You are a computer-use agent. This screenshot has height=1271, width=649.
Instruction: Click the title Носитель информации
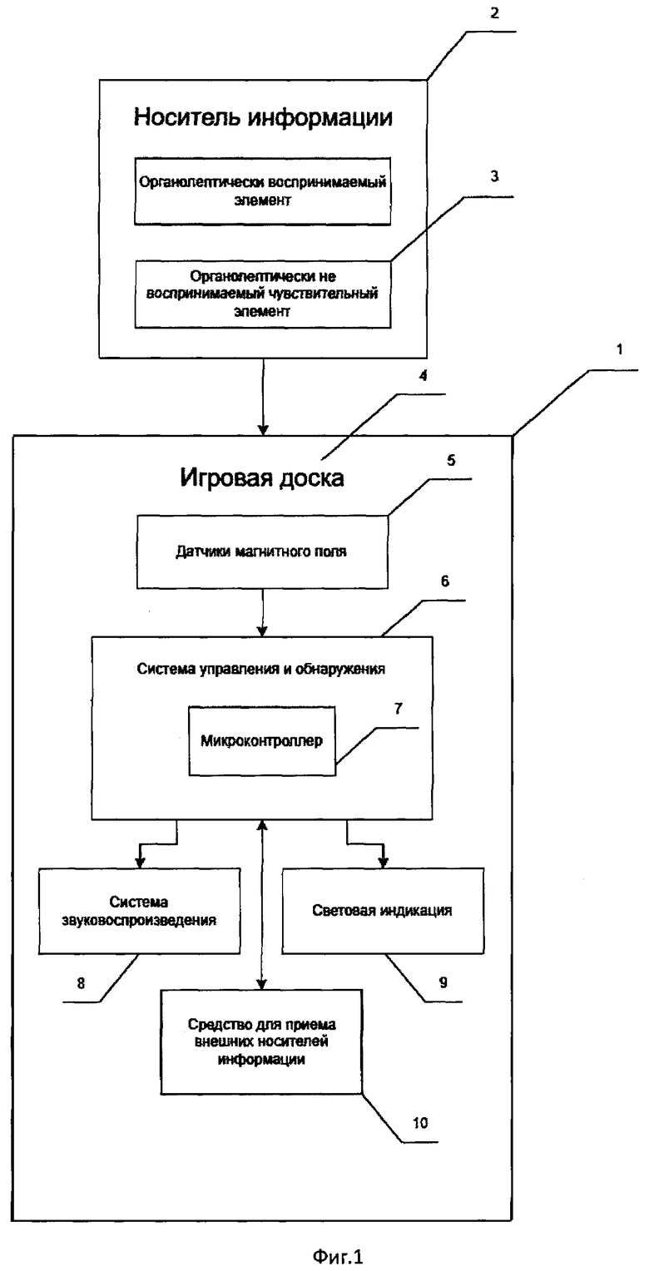point(263,117)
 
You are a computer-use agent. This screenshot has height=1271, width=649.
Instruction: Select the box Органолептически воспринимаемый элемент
point(262,191)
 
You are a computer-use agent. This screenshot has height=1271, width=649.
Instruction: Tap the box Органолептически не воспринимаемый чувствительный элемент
point(262,294)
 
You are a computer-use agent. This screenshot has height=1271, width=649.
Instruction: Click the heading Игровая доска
point(262,477)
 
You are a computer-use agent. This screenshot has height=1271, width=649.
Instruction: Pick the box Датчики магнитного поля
point(262,551)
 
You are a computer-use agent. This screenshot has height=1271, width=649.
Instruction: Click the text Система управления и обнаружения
point(260,669)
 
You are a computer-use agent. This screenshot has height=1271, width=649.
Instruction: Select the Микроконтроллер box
point(262,740)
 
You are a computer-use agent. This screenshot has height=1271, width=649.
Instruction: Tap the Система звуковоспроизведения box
point(139,911)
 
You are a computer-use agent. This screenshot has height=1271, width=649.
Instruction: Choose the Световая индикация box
point(383,911)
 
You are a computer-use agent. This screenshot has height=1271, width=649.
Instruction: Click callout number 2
point(494,12)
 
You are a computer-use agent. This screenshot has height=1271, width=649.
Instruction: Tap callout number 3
point(494,177)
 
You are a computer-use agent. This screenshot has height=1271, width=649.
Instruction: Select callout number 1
point(620,349)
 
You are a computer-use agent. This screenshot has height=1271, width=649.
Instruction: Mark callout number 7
point(398,709)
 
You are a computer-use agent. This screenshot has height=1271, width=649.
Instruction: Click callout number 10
point(420,1123)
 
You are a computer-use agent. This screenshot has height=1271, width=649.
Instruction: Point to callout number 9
point(443,982)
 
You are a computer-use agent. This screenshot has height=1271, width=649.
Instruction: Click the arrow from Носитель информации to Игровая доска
point(262,397)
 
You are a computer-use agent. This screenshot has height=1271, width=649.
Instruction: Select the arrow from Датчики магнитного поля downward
point(262,612)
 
